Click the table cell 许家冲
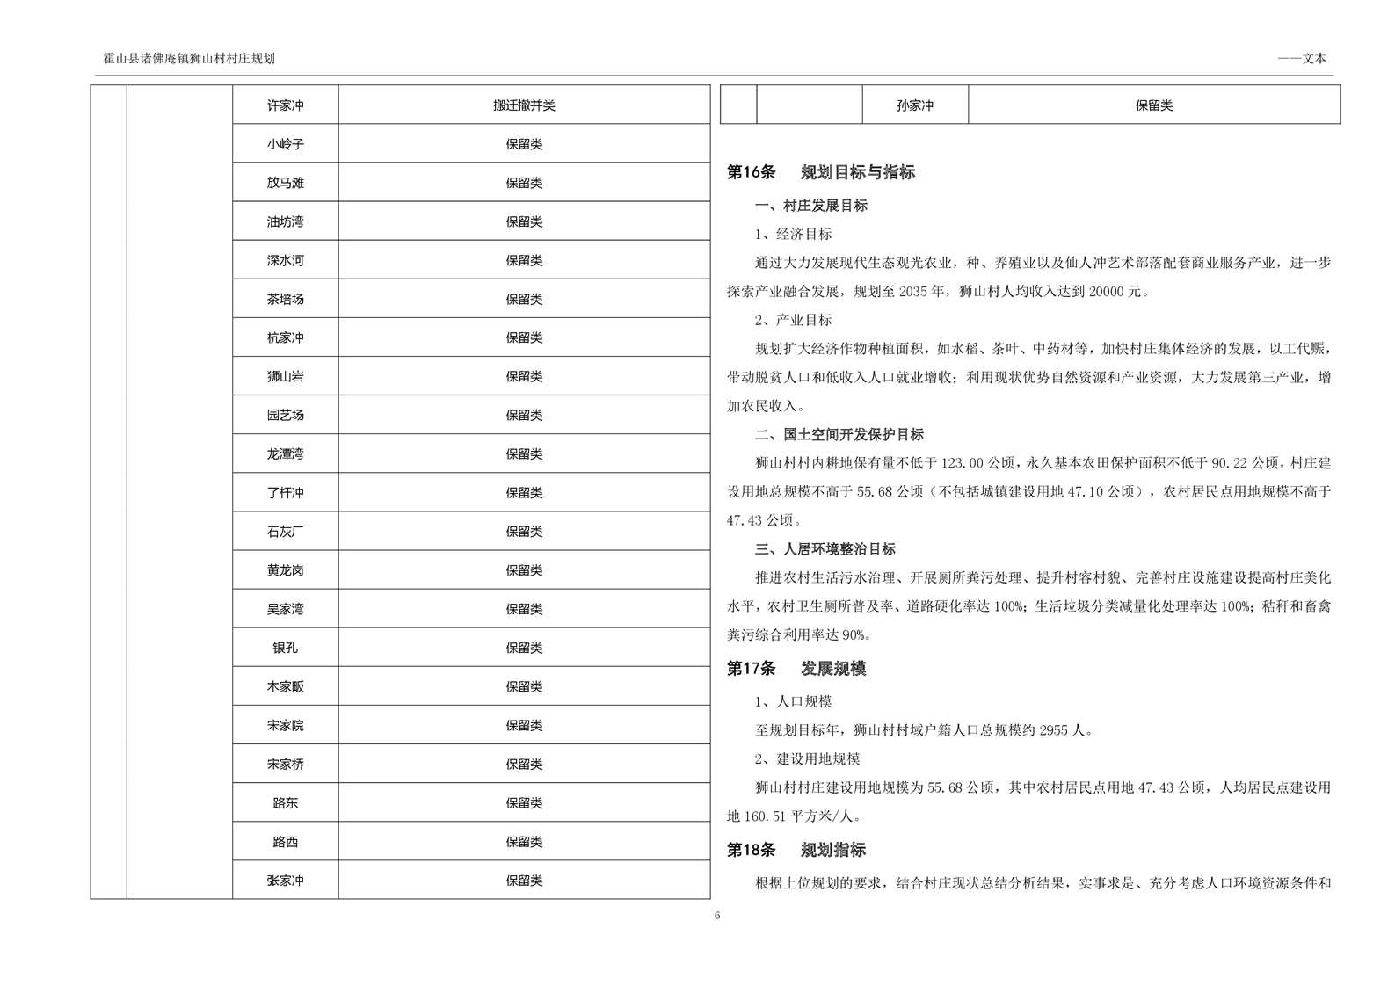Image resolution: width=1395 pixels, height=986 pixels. pyautogui.click(x=285, y=105)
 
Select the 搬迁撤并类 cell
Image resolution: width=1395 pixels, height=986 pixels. pyautogui.click(x=524, y=105)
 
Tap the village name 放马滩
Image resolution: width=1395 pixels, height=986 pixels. pyautogui.click(x=285, y=183)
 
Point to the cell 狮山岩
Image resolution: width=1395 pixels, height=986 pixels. pyautogui.click(x=285, y=376)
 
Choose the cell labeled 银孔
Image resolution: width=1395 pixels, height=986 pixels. pyautogui.click(x=285, y=648)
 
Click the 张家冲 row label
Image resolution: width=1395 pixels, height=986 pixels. pyautogui.click(x=285, y=881)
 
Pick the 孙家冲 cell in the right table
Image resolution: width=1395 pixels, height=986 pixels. pyautogui.click(x=915, y=105)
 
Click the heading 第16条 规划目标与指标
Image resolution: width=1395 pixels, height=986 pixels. pyautogui.click(x=820, y=172)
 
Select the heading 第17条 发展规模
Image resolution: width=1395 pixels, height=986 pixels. pyautogui.click(x=796, y=669)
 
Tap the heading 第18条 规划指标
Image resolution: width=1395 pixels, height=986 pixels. pyautogui.click(x=796, y=850)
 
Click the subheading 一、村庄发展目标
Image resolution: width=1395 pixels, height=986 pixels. pyautogui.click(x=810, y=206)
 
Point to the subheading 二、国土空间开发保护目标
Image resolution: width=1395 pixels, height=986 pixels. pyautogui.click(x=839, y=434)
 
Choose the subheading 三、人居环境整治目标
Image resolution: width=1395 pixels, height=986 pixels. pyautogui.click(x=825, y=549)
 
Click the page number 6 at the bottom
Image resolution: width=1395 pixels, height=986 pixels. pyautogui.click(x=717, y=916)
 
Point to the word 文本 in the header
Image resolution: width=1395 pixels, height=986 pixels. pyautogui.click(x=1314, y=59)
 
